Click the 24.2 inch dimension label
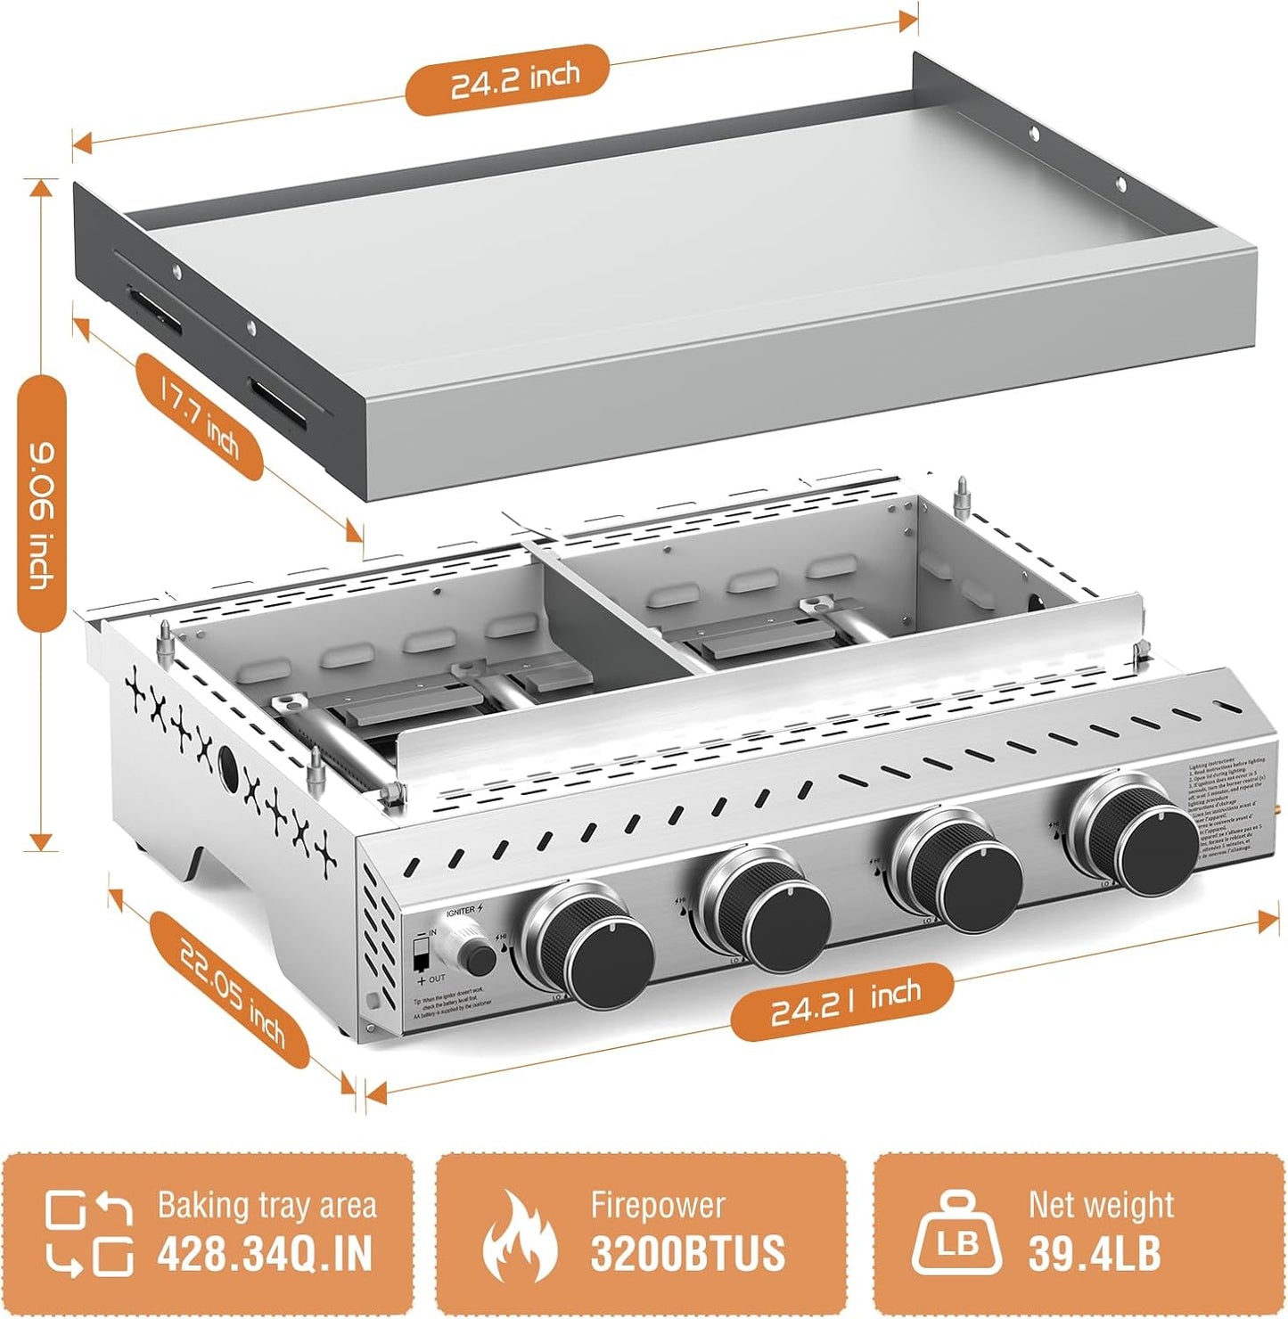click(507, 80)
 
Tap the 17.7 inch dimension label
click(200, 416)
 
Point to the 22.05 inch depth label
click(231, 990)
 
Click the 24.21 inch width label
click(842, 1002)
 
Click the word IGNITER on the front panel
click(462, 911)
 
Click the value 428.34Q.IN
click(265, 1254)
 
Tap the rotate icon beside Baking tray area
click(89, 1234)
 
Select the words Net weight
click(1101, 1205)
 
